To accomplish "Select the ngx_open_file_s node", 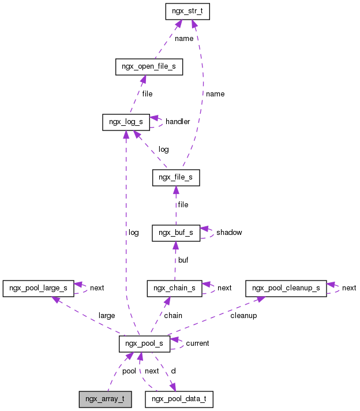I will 149,67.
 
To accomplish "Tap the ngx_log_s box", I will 126,122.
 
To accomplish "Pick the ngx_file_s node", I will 176,178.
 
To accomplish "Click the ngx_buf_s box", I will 176,233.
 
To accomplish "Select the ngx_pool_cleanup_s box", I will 286,287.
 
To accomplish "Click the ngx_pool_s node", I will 144,343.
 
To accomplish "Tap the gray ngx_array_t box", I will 106,399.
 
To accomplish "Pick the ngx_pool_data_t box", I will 179,399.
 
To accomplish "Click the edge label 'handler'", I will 178,122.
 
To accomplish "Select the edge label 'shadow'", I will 229,233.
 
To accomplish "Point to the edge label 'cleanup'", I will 243,316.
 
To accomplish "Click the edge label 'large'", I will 107,316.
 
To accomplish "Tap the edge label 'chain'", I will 173,316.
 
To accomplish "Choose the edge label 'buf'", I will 183,260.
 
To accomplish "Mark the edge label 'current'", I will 197,343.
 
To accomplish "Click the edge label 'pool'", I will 129,371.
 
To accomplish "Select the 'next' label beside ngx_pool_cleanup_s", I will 349,288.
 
